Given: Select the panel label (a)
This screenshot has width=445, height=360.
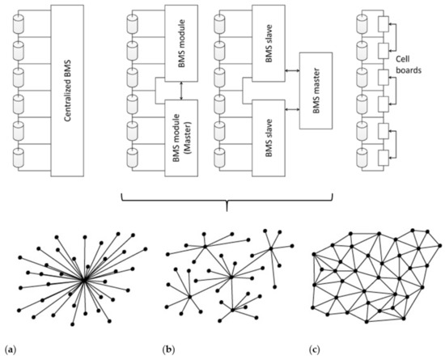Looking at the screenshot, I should tap(10, 350).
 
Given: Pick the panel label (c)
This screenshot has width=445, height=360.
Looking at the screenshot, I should tap(314, 350).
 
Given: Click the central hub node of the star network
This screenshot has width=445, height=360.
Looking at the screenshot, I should tap(84, 281).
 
